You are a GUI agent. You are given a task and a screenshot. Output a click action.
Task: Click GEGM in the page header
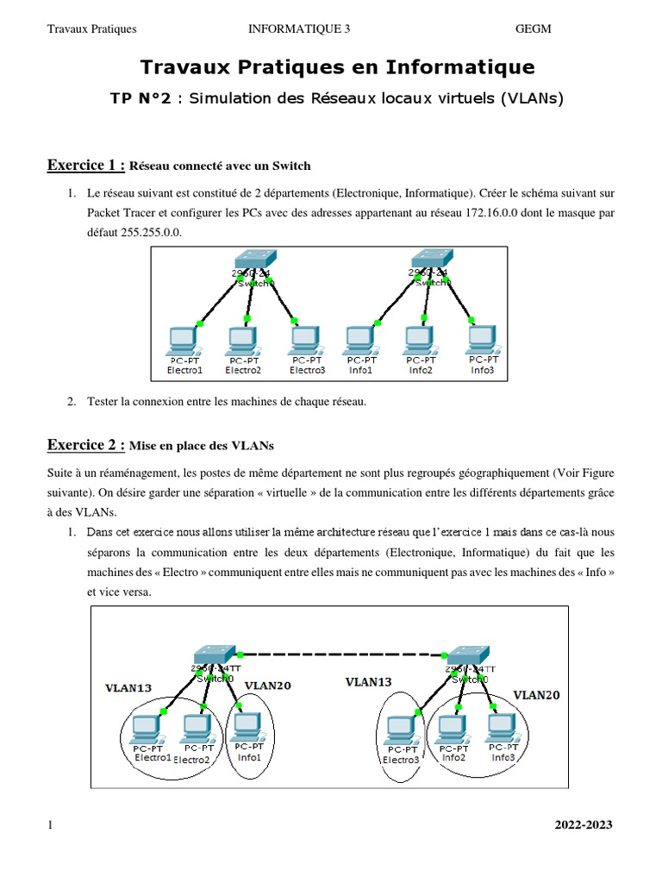coord(533,29)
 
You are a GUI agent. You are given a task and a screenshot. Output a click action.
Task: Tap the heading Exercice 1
coord(86,165)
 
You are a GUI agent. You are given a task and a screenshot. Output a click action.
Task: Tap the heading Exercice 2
coord(86,445)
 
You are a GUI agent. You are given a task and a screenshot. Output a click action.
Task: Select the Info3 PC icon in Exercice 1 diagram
coord(482,336)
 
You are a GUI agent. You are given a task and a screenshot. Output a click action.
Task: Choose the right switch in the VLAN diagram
coord(466,653)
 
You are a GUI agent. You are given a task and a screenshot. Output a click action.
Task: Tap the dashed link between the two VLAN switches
coord(340,653)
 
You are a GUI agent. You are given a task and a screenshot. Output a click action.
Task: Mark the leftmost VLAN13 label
coord(128,688)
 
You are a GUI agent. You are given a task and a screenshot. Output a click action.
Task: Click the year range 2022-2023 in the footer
coord(583,825)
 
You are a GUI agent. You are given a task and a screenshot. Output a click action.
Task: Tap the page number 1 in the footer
coord(50,825)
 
